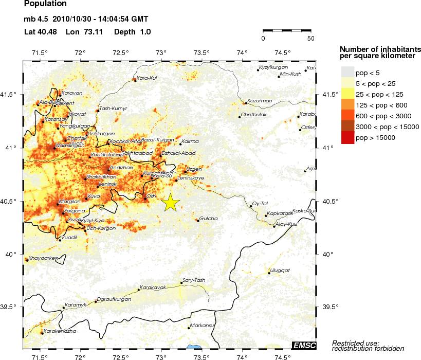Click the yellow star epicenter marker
[171, 203]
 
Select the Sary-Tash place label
[194, 280]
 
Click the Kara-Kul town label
[147, 78]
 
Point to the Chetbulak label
[253, 115]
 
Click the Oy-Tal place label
[261, 204]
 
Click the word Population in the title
[45, 4]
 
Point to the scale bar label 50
[310, 38]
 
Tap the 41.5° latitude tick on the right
[327, 95]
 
